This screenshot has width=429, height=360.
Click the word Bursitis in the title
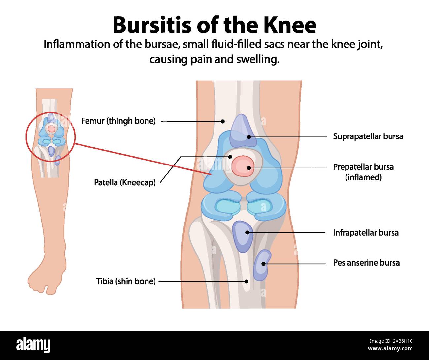152,25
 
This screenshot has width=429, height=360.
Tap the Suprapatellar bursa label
368,136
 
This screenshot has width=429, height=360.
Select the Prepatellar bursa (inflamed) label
363,172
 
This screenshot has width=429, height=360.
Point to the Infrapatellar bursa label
366,233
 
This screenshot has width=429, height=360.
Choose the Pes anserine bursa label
366,263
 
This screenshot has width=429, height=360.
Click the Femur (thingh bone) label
118,121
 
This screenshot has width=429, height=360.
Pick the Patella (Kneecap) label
125,182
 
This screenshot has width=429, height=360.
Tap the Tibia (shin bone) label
126,281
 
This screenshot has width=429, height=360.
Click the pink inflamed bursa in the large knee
243,166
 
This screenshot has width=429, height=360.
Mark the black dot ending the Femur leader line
223,121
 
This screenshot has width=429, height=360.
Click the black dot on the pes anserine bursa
263,264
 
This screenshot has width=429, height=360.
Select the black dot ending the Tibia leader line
246,281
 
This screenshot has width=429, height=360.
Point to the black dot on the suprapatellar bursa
249,137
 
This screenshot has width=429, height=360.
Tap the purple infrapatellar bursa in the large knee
243,237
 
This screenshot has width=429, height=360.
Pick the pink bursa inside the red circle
51,129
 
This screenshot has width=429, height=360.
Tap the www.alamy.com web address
390,348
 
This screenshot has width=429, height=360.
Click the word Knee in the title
290,25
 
